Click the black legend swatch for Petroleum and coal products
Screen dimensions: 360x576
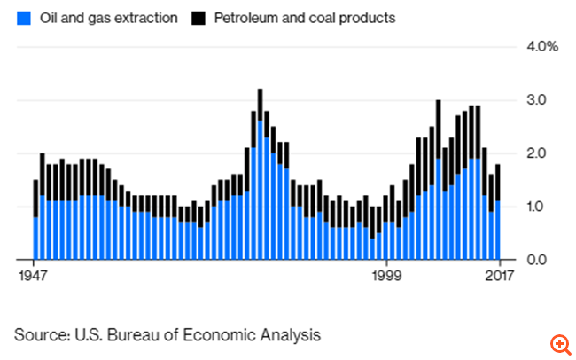tap(197, 17)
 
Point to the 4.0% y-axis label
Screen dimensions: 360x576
tap(541, 46)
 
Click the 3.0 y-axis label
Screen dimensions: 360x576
tap(535, 99)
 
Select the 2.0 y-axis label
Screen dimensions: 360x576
tap(535, 153)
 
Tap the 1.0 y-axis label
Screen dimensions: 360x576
tap(535, 207)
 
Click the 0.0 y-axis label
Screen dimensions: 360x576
tap(535, 260)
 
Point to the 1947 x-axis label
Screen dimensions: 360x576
tap(34, 275)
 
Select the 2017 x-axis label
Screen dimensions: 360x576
tap(500, 275)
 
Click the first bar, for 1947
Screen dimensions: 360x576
tap(35, 222)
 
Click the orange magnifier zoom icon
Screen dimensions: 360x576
tap(560, 344)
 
